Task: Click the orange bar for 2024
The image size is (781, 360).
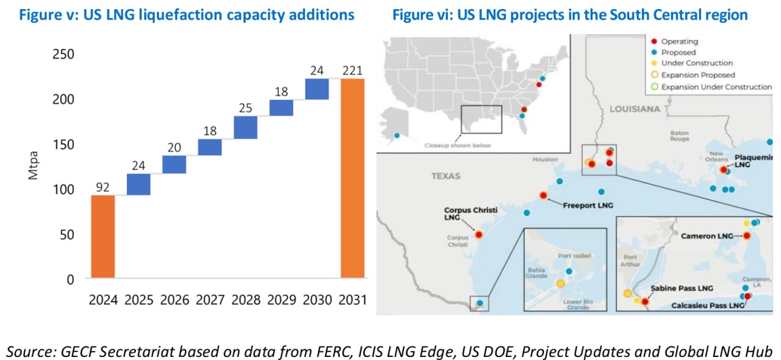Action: (103, 236)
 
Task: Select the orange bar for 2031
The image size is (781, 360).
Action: (353, 178)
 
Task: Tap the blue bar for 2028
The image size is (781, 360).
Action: (245, 128)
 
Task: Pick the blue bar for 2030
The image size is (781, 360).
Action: (317, 89)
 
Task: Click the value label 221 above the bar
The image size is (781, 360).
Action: (353, 70)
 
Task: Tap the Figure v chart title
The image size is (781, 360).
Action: (187, 15)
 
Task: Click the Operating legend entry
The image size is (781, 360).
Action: (679, 41)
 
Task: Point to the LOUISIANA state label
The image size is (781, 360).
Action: (635, 109)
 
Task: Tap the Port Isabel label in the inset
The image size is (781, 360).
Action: (575, 256)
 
